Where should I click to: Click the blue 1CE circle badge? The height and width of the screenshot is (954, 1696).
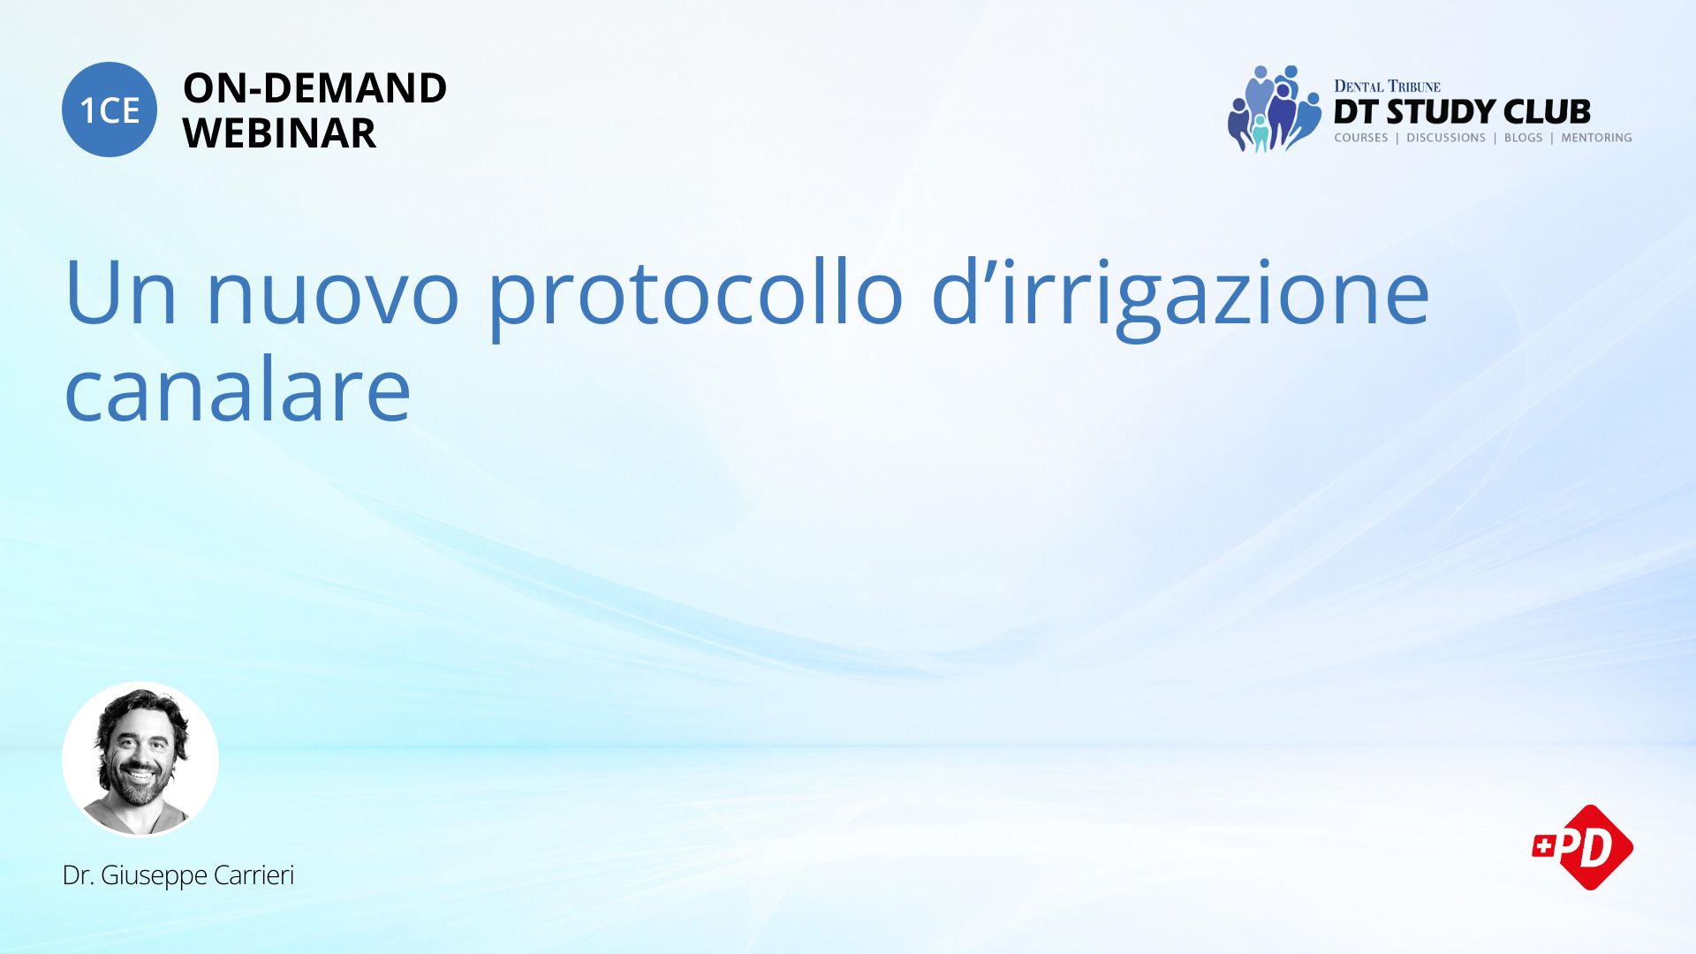110,110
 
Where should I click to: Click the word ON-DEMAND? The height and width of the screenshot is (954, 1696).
314,88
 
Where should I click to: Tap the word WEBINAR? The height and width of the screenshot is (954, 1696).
279,133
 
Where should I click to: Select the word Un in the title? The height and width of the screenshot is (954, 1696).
121,292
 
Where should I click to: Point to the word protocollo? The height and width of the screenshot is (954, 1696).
695,297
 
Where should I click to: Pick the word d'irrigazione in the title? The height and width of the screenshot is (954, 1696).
1180,297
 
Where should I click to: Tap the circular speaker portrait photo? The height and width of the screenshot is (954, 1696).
140,760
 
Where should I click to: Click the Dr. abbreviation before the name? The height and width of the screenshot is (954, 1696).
79,874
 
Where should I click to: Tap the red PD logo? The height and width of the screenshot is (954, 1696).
1583,847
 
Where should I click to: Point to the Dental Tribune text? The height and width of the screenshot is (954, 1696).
1387,87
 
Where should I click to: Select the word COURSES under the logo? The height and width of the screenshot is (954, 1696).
1361,138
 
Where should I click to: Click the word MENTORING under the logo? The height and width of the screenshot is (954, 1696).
1596,138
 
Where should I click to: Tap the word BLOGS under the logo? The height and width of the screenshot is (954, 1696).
1523,138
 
